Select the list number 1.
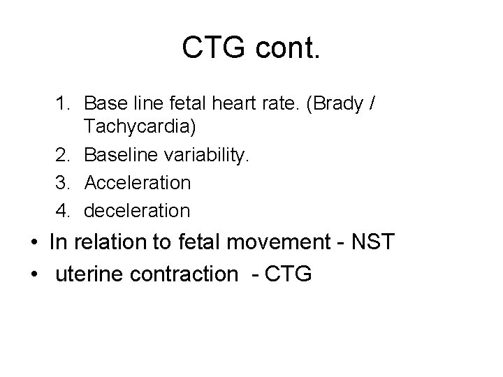tap(63, 103)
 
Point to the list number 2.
tap(63, 156)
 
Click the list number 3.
tap(63, 183)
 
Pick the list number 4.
tap(63, 209)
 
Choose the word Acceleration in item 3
tap(137, 183)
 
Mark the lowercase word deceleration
tap(136, 209)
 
